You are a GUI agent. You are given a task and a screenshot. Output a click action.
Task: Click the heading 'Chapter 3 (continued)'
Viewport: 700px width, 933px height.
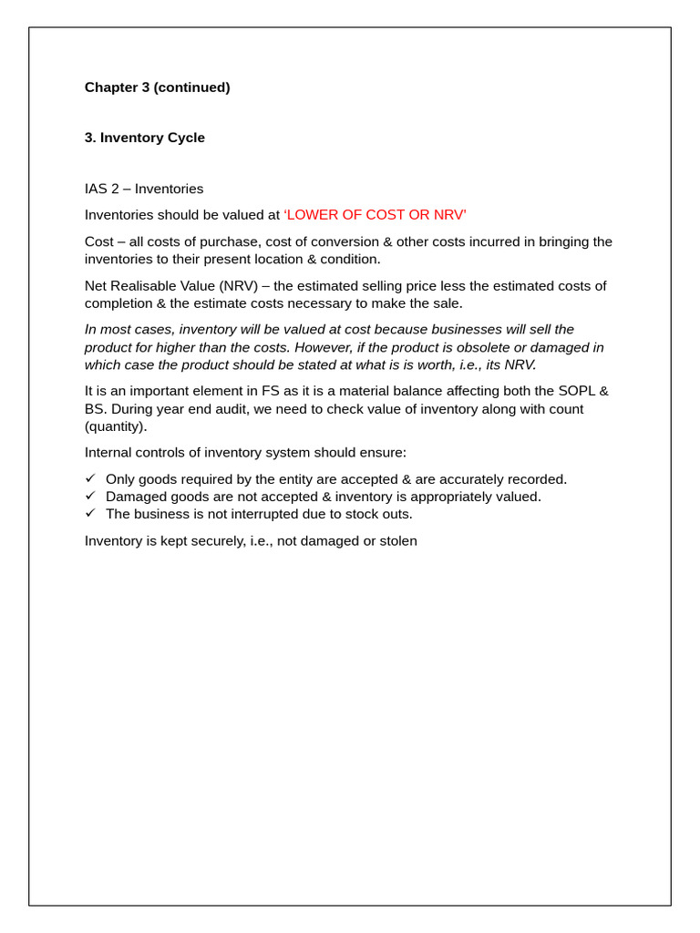click(x=157, y=87)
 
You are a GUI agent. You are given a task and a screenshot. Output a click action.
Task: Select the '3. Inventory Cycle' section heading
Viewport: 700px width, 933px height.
click(x=144, y=138)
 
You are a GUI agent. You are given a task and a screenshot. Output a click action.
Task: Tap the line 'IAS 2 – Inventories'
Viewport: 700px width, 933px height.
click(x=144, y=189)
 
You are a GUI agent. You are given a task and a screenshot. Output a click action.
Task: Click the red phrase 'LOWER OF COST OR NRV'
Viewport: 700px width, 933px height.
click(x=375, y=215)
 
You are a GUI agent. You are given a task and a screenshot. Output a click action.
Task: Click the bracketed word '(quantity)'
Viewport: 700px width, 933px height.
click(x=115, y=426)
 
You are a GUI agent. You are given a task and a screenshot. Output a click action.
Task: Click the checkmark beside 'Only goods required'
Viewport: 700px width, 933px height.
click(x=90, y=478)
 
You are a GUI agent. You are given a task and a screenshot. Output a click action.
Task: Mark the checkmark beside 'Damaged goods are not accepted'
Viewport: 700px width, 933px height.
click(x=90, y=496)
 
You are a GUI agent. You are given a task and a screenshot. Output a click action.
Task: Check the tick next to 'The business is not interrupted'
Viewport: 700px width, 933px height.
click(x=90, y=513)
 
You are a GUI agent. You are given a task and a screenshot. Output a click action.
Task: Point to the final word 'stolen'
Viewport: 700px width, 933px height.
click(x=396, y=541)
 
